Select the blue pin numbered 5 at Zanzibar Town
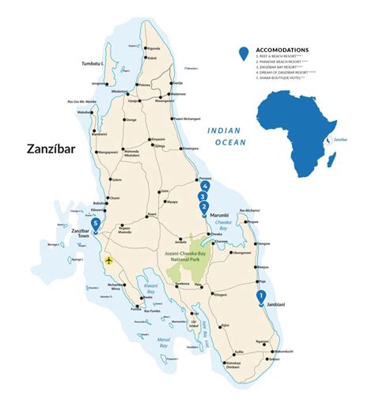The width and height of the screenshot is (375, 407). [96, 224]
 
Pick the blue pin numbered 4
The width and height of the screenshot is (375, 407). [205, 186]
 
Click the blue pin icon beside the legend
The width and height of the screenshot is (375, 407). [244, 54]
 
